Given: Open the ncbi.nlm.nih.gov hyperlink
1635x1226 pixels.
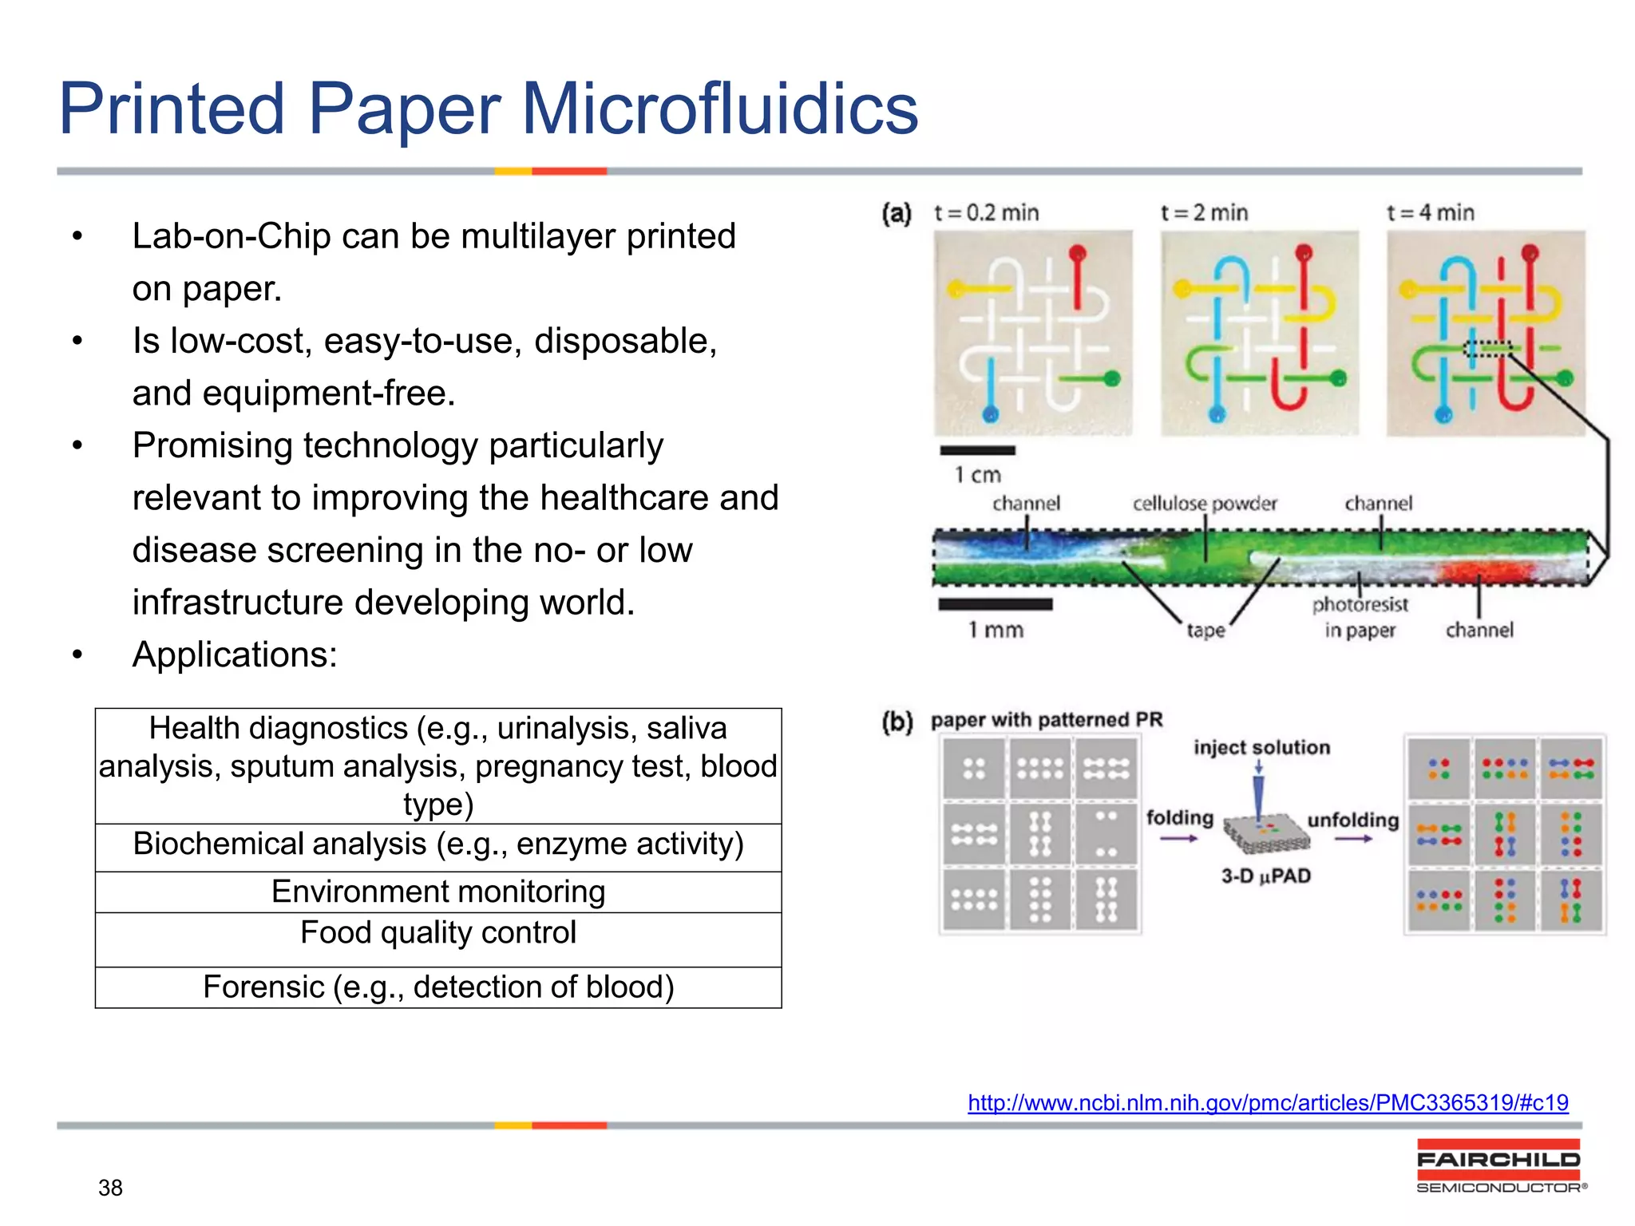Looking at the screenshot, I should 1268,1103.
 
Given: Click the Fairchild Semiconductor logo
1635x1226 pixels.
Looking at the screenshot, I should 1499,1166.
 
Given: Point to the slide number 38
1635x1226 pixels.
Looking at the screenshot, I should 110,1188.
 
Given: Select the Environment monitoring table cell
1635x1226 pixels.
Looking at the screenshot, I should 438,892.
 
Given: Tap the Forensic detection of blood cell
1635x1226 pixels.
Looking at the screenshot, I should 438,987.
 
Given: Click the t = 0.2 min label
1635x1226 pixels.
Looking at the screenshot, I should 986,213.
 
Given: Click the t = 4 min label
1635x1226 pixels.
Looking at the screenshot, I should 1430,213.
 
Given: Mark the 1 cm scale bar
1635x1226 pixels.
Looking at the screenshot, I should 977,451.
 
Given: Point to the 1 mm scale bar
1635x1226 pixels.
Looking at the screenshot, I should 995,605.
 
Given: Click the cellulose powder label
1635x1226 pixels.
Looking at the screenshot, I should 1204,504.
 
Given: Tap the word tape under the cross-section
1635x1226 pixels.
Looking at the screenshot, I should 1205,631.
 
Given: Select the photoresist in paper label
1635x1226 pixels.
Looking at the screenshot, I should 1360,617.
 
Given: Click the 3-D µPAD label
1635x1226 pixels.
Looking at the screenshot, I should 1266,876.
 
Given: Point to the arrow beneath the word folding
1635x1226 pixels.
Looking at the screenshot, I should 1178,839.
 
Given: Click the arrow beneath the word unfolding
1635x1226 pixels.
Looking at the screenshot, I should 1353,839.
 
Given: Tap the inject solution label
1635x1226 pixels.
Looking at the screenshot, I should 1261,748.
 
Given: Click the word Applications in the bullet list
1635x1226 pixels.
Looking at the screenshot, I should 235,655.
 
